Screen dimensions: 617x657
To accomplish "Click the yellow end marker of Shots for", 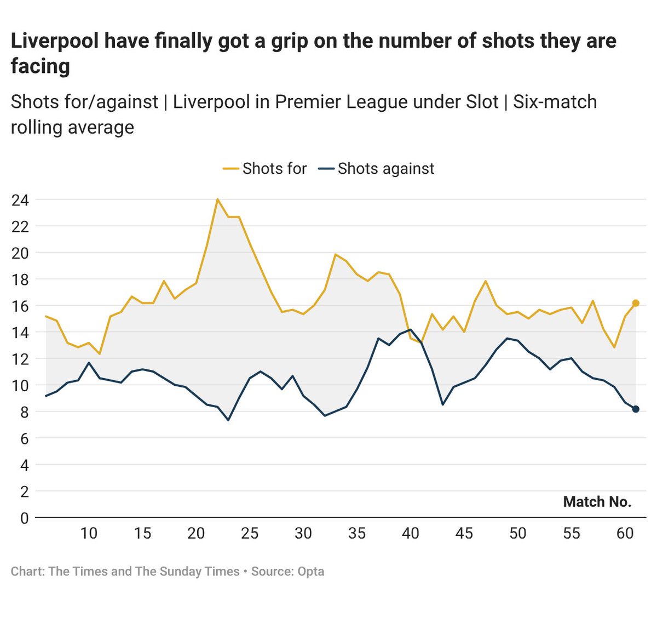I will click(636, 303).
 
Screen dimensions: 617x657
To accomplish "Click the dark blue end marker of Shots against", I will click(636, 409).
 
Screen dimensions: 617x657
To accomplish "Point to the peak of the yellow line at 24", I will click(217, 199).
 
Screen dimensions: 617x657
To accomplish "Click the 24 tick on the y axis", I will click(20, 200).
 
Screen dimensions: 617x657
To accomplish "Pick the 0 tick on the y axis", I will click(24, 518).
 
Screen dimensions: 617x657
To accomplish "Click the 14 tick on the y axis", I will click(20, 332).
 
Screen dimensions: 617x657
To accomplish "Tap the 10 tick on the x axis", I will click(89, 533).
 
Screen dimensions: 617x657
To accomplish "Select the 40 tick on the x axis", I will click(411, 533).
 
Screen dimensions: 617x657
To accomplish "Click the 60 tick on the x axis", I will click(625, 533).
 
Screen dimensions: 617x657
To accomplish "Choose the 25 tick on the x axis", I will click(250, 533).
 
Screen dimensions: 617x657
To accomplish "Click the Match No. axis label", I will click(597, 502).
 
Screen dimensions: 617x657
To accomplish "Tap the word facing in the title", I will click(41, 66).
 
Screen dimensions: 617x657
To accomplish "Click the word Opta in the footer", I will click(310, 572).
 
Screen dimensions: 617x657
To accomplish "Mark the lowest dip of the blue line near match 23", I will click(228, 420).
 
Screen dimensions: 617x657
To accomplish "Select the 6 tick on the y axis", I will click(24, 438).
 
